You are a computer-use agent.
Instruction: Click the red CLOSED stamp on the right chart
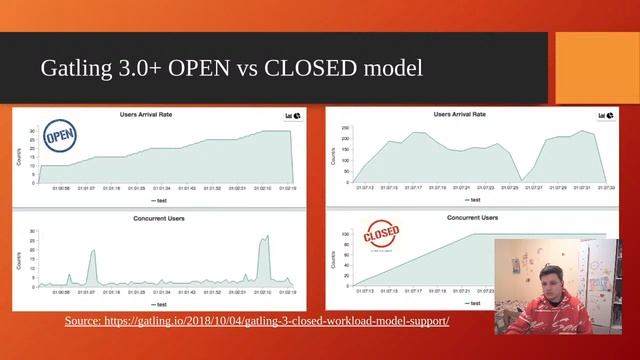pos(381,236)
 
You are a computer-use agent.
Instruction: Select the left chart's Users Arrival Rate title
pos(162,116)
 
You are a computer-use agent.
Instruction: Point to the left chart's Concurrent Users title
pos(161,217)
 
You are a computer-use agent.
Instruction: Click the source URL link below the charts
pos(257,321)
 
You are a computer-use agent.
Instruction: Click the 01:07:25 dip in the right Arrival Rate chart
pos(521,180)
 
